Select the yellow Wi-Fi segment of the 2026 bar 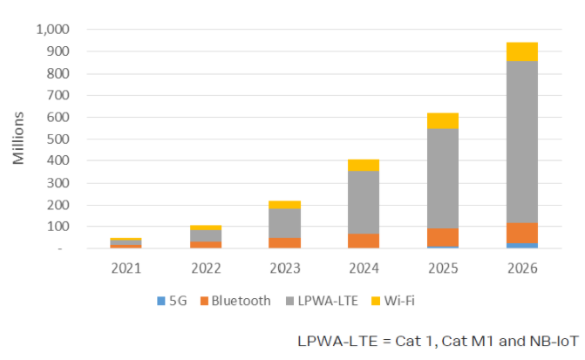[521, 51]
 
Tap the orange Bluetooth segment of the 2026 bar [521, 233]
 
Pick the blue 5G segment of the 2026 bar [521, 246]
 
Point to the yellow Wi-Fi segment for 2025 [443, 120]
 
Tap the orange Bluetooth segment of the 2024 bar [364, 241]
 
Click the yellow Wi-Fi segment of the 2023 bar [285, 205]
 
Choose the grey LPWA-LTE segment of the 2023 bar [285, 223]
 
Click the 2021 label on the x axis [126, 268]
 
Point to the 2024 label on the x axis [364, 268]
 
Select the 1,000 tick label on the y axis [53, 30]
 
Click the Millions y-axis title [19, 139]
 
